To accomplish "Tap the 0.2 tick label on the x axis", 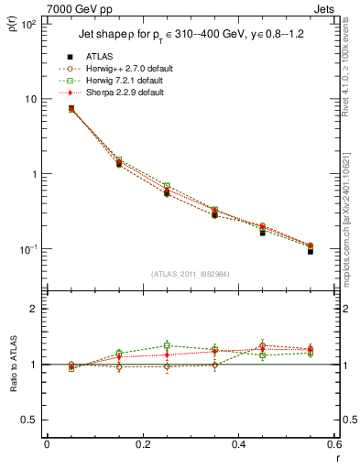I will pyautogui.click(x=142, y=446).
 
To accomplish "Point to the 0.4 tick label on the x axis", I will pyautogui.click(x=238, y=446).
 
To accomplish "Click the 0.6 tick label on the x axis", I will pyautogui.click(x=333, y=446).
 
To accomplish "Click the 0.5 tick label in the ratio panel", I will pyautogui.click(x=30, y=420).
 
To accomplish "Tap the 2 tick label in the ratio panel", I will pyautogui.click(x=35, y=310).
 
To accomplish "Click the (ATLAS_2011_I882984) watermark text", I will pyautogui.click(x=191, y=273).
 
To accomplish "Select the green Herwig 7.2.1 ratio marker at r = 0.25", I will pyautogui.click(x=167, y=345).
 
